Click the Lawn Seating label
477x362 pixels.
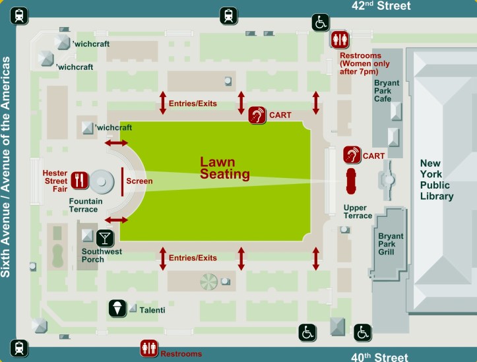(x=225, y=168)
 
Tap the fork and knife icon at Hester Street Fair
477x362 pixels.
(x=79, y=179)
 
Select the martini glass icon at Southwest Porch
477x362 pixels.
(x=104, y=237)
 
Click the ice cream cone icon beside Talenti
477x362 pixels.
(x=117, y=308)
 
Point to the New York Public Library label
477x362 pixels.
(x=437, y=179)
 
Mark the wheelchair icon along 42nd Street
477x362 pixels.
(x=321, y=22)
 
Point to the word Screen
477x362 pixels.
(x=139, y=181)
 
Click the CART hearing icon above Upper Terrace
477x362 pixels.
(x=352, y=155)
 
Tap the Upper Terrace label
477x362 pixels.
(x=358, y=212)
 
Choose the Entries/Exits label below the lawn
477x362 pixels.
(x=193, y=258)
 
